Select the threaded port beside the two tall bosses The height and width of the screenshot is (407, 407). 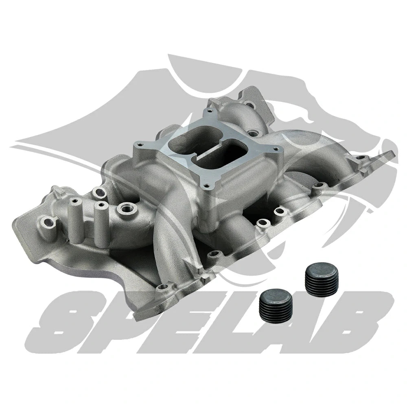[123, 210]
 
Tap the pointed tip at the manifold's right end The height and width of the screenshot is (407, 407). [392, 152]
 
